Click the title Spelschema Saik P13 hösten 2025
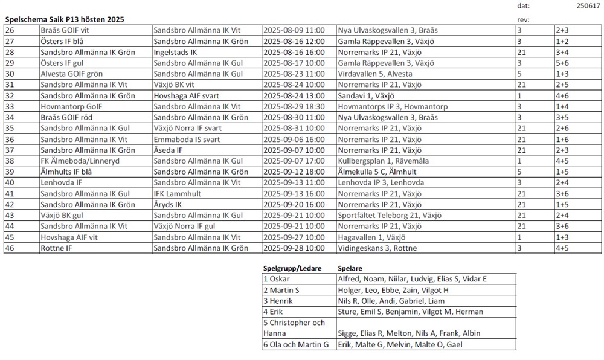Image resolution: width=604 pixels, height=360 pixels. [x=65, y=19]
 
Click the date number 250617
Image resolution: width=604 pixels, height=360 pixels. [x=585, y=5]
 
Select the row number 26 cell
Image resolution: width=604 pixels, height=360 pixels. [x=21, y=29]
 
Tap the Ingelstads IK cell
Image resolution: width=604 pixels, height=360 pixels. [x=176, y=52]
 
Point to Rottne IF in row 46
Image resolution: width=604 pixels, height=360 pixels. [x=57, y=248]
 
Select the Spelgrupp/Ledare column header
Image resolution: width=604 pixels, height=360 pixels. [x=292, y=268]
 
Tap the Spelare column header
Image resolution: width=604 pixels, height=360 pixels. [x=350, y=268]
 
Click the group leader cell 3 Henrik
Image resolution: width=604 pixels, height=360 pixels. [x=279, y=301]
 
